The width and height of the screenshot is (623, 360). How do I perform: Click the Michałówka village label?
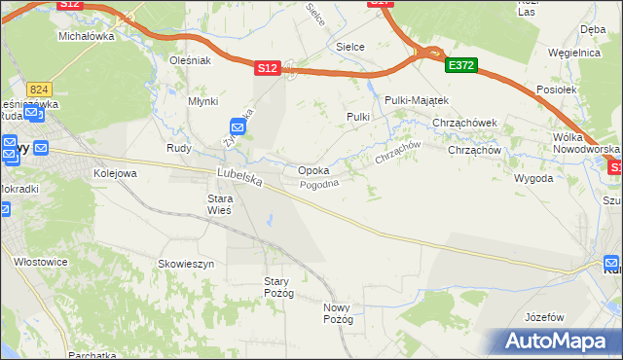point(87,36)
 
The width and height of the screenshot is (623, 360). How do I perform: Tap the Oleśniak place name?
point(190,60)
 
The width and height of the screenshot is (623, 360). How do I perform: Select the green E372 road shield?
point(460,65)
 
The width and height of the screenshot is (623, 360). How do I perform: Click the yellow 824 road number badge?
point(39,88)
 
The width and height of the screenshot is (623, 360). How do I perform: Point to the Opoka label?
point(312,170)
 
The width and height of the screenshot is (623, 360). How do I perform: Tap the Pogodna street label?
point(319,185)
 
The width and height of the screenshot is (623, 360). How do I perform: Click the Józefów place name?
point(544,318)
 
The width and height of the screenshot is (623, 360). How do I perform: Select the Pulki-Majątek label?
point(416,100)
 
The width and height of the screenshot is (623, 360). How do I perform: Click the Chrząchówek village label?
point(465,123)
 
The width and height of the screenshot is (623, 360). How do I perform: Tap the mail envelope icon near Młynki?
point(238,126)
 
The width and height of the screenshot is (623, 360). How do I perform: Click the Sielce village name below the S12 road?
point(349,46)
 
